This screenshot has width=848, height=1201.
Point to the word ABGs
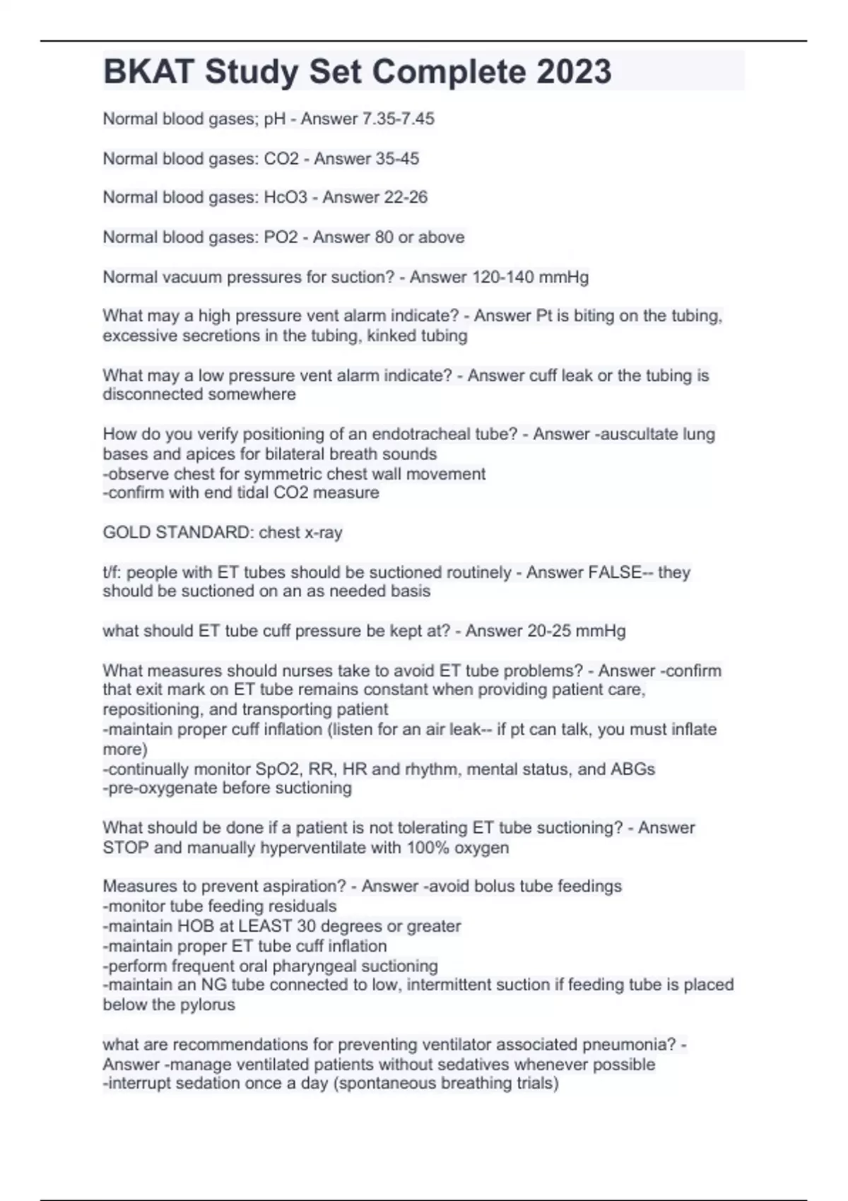tap(635, 769)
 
